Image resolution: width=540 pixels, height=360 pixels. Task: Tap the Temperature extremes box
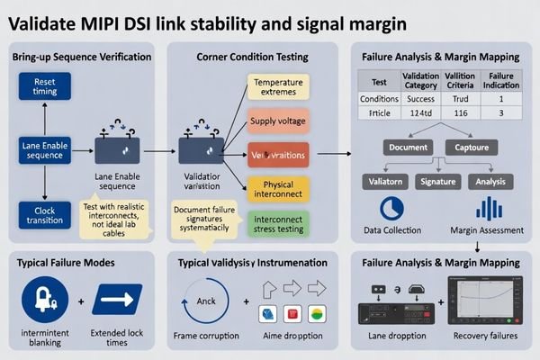point(277,87)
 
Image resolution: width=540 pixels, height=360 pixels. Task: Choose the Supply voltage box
point(277,120)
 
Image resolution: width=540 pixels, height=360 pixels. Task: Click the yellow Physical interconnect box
point(277,190)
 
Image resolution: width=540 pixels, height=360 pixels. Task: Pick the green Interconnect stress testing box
point(277,223)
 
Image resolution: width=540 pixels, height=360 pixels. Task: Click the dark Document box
point(408,147)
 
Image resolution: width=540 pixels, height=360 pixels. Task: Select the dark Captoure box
point(472,147)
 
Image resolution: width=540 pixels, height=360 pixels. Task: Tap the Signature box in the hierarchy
point(438,180)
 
